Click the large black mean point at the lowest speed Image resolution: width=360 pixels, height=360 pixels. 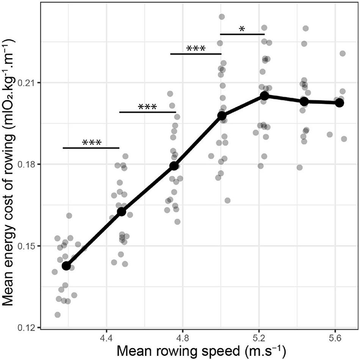point(66,265)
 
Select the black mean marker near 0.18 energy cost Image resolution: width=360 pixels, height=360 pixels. point(174,166)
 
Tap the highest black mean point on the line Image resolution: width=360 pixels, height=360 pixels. point(264,96)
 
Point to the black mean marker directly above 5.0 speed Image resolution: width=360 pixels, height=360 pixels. point(222,116)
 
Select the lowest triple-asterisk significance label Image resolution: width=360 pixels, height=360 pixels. point(91,142)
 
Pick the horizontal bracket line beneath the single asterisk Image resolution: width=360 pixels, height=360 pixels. point(242,34)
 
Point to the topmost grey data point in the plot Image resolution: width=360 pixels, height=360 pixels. point(222,17)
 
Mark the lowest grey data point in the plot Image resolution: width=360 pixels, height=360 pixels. point(57,314)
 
